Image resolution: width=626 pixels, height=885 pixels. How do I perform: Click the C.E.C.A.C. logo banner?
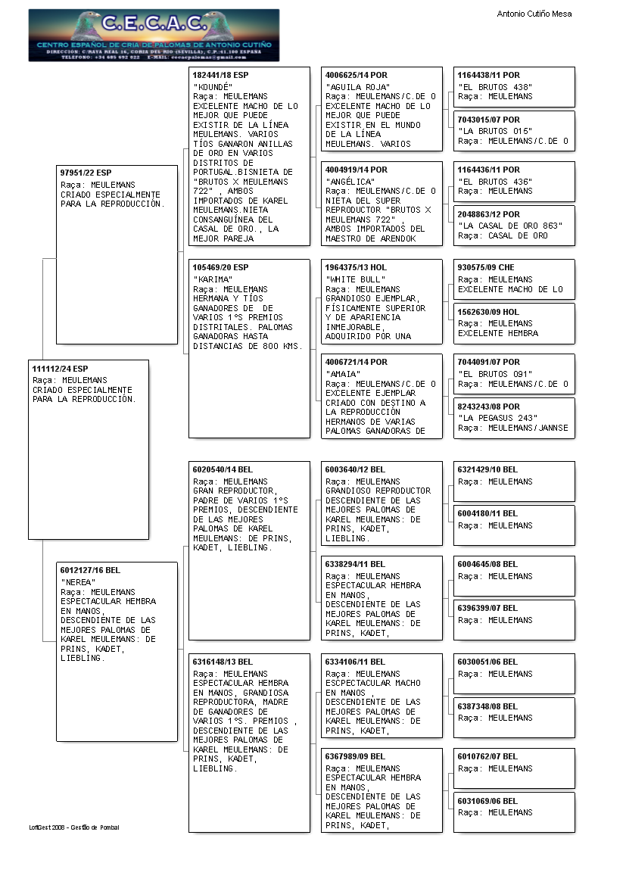point(154,36)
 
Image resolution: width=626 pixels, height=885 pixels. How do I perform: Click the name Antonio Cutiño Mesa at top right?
point(534,14)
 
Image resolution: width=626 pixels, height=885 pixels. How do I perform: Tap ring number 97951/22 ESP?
point(86,173)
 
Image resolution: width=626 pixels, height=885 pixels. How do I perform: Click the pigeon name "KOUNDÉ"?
point(213,87)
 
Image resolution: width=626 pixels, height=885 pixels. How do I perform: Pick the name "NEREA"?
point(77,582)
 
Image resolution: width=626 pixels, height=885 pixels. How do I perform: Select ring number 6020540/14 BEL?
point(223,470)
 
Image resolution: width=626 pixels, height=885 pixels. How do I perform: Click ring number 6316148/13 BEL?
point(223,662)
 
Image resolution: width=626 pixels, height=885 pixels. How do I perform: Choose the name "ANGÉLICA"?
point(350,182)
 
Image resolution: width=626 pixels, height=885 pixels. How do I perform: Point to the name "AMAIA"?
point(341,374)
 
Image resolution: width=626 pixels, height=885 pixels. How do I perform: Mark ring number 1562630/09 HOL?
point(488,312)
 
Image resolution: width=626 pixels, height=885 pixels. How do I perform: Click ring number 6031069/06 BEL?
point(487,801)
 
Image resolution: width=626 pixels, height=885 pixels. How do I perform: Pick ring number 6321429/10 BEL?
point(487,470)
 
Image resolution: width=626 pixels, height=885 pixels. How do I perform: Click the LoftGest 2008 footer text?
point(74,827)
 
